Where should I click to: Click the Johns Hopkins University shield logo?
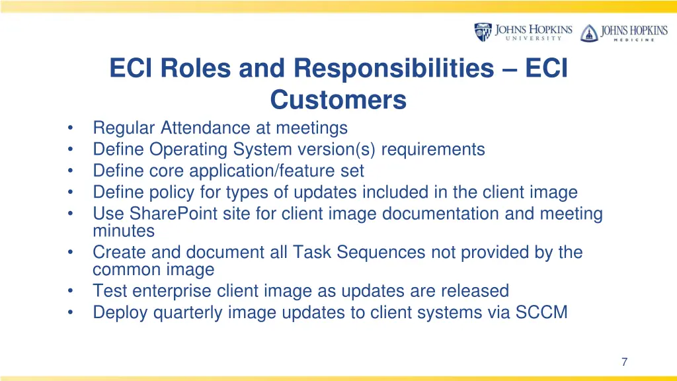(x=483, y=32)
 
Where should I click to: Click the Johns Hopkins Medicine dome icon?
(x=588, y=33)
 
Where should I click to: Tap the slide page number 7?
(x=624, y=361)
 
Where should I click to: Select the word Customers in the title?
(x=338, y=100)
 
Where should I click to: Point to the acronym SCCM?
(x=543, y=312)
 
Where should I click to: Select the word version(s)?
(x=338, y=149)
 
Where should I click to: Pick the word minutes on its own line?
(x=124, y=232)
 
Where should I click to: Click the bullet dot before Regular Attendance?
(x=71, y=128)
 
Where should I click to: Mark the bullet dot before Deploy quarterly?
(x=71, y=312)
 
